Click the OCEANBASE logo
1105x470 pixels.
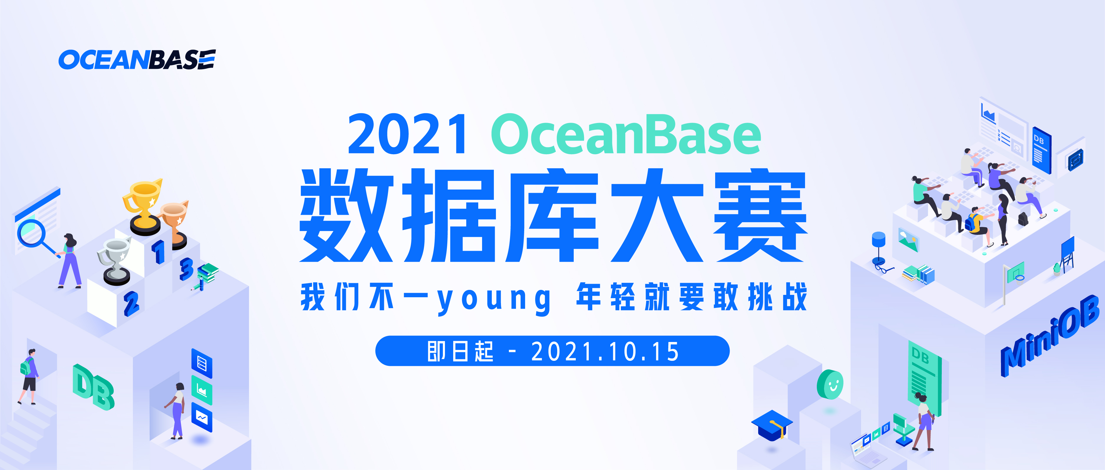point(137,59)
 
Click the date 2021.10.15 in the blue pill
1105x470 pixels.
point(605,352)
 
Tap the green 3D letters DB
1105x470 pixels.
point(93,387)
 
